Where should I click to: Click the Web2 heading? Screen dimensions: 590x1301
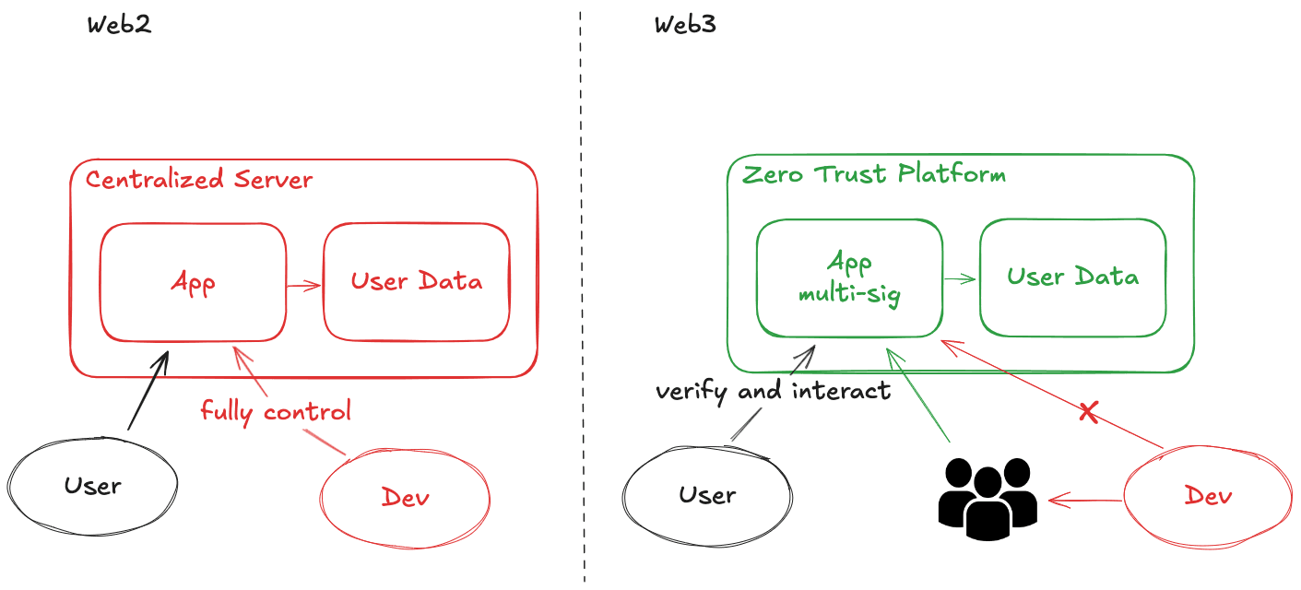coord(119,25)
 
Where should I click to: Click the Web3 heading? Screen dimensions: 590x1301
coord(685,25)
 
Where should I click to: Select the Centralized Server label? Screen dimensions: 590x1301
coord(199,179)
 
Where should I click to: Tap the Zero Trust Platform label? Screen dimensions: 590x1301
coord(874,174)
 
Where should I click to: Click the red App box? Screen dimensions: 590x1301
coord(193,282)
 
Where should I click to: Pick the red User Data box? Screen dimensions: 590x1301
coord(416,282)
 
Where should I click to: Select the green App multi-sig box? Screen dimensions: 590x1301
coord(849,278)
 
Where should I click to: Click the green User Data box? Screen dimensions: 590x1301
coord(1072,277)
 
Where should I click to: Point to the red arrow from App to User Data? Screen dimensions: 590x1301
coord(303,286)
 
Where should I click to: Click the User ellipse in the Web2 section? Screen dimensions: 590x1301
coord(92,485)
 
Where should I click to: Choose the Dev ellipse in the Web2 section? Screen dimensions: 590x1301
coord(405,498)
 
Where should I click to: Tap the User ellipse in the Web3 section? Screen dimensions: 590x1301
coord(707,495)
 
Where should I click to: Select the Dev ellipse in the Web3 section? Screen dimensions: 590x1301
coord(1208,496)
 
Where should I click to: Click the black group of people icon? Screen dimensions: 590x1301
coord(988,497)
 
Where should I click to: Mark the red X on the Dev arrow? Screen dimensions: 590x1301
coord(1088,412)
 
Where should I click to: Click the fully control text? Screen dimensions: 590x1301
coord(276,410)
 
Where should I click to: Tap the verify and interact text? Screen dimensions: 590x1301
coord(773,391)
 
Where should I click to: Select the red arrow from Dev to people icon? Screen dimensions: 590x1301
coord(1085,501)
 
